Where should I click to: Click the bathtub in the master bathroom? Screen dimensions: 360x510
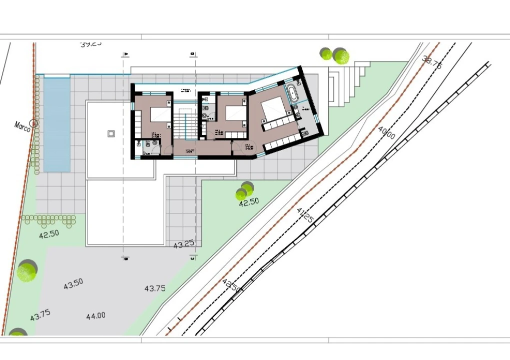click(x=292, y=93)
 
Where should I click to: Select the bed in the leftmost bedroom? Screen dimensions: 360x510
click(x=161, y=114)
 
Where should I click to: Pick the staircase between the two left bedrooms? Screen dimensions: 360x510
click(x=186, y=123)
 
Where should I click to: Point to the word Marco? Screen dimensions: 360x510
click(x=23, y=126)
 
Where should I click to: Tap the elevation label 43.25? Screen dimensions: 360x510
click(x=184, y=244)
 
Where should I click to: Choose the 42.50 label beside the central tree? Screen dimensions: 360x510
click(x=249, y=202)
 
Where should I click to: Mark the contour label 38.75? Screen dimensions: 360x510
click(x=432, y=62)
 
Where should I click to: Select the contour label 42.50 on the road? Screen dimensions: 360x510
click(x=231, y=285)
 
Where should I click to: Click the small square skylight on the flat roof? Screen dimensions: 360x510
click(x=111, y=133)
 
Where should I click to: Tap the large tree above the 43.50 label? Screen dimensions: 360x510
click(x=27, y=270)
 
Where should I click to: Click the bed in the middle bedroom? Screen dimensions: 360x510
click(x=236, y=113)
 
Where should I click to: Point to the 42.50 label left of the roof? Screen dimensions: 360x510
click(x=49, y=233)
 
